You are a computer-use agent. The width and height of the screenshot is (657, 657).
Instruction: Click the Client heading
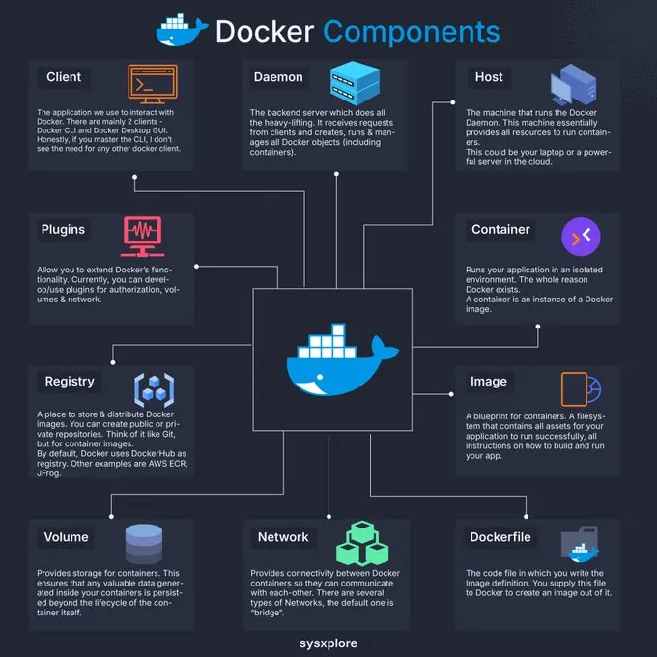(64, 76)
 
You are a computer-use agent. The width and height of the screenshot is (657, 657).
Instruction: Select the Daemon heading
(278, 76)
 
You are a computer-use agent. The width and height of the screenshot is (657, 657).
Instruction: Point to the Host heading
(489, 76)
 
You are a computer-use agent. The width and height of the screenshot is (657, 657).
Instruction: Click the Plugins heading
(63, 230)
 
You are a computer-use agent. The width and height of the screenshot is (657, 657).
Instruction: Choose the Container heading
(500, 230)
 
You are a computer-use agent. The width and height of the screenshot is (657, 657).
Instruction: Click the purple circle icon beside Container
(581, 238)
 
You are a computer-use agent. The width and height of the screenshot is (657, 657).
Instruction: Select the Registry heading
(70, 381)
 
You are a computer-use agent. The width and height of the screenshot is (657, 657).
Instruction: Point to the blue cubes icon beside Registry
(154, 388)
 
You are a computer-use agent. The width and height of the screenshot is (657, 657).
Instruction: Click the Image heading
(489, 381)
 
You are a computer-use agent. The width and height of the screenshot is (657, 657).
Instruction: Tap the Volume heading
(66, 537)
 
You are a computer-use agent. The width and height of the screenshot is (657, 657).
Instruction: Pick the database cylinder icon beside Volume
(145, 544)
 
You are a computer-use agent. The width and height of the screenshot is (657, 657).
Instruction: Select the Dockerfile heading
(502, 537)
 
